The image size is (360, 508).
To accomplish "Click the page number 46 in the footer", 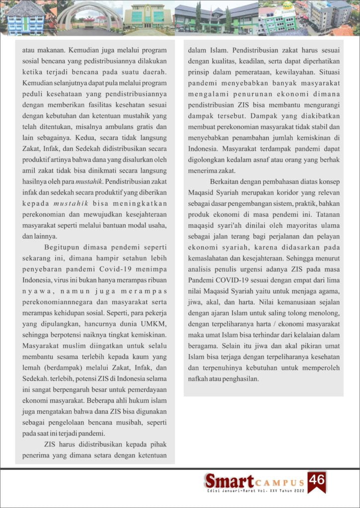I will (316, 479).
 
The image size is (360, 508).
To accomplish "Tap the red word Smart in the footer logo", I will (228, 481).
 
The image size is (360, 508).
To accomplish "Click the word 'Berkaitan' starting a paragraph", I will (227, 181).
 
